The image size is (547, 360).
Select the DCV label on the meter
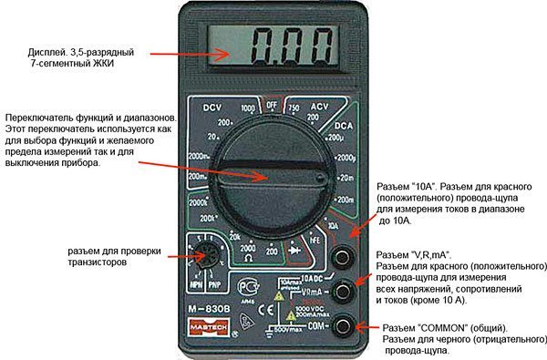(214, 106)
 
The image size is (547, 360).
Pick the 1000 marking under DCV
(247, 108)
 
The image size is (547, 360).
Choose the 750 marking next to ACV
(294, 108)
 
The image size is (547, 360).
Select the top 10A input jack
(343, 256)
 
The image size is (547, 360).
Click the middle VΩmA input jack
(343, 291)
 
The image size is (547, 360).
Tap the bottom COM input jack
(343, 324)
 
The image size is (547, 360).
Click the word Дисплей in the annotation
(48, 54)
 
